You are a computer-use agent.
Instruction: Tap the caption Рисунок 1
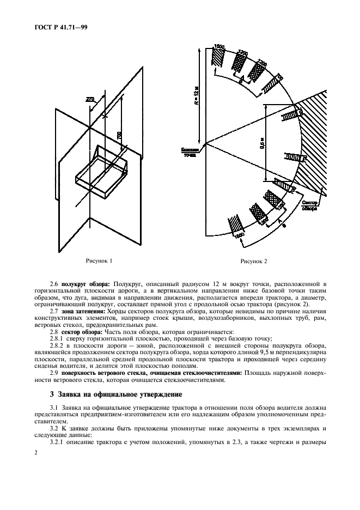(x=99, y=261)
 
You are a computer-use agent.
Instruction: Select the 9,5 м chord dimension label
(x=261, y=144)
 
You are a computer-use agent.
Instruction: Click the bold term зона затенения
(x=85, y=311)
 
